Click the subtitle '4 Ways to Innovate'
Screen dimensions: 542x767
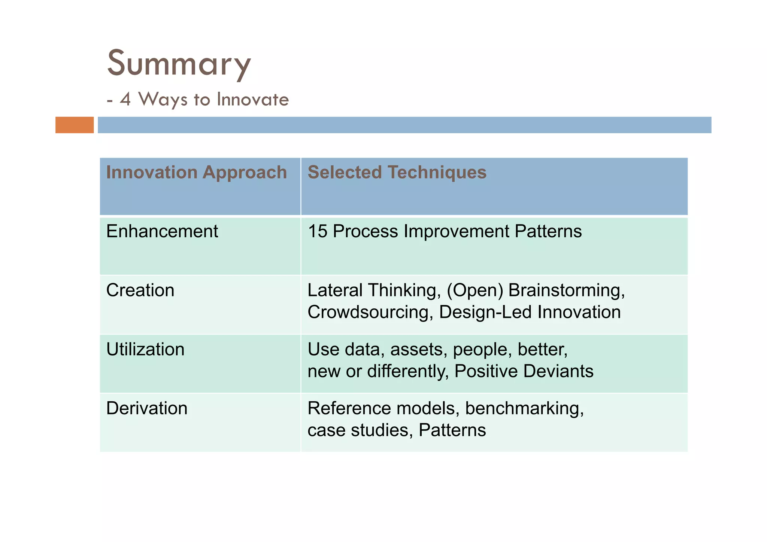204,100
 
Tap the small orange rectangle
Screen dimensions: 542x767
75,125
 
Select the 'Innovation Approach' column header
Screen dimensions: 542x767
196,172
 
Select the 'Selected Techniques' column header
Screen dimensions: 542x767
397,172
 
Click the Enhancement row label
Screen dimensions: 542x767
162,231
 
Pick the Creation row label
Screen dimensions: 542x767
140,290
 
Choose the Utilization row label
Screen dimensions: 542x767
145,349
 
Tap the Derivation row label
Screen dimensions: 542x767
146,408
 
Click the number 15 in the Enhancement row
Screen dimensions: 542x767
317,231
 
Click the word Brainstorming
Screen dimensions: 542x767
566,290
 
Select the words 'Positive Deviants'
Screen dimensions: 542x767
524,371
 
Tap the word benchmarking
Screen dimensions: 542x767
524,408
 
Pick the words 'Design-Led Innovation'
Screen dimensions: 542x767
530,312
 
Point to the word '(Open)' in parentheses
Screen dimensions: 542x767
475,290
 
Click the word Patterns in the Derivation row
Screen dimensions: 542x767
452,430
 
